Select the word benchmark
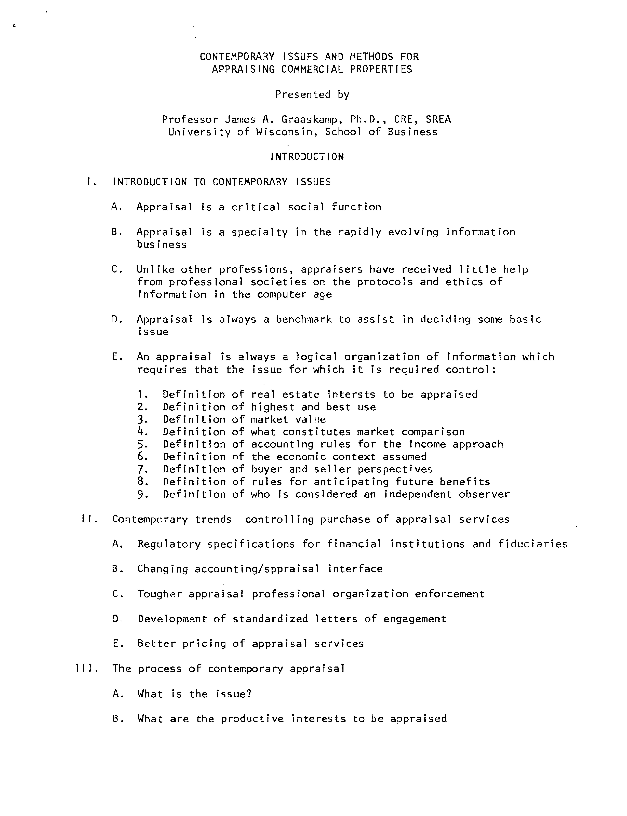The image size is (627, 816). tap(303, 319)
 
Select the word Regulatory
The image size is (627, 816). tap(169, 544)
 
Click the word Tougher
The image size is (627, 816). tap(160, 594)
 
